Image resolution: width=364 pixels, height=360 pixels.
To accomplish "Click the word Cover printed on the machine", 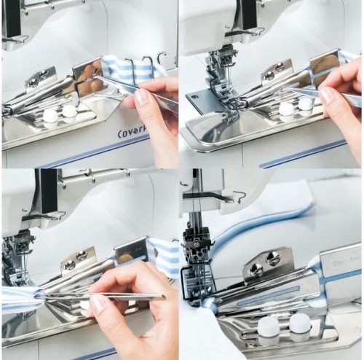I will tap(132, 133).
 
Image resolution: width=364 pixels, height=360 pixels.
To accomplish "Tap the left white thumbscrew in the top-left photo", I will tap(50, 114).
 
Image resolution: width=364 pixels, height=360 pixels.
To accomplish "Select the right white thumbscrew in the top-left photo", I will tap(69, 111).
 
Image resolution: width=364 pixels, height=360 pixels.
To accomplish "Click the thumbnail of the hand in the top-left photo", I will tap(141, 95).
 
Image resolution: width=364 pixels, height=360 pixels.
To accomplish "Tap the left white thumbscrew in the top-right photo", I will tap(287, 109).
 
